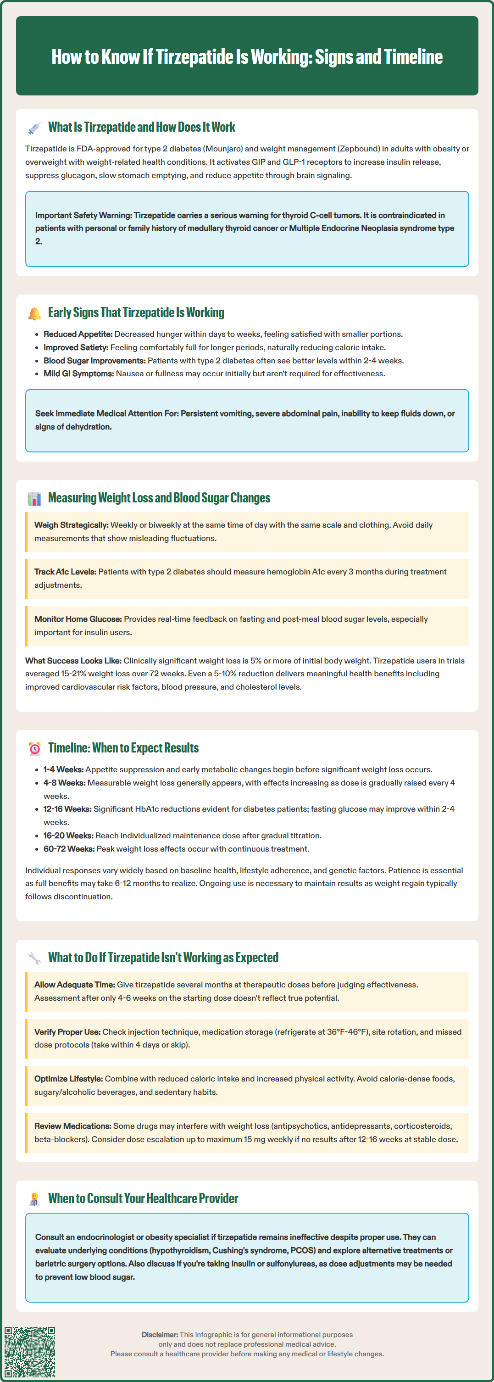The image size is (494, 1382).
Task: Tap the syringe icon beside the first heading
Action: pyautogui.click(x=34, y=128)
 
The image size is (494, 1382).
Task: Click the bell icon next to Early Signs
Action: pyautogui.click(x=34, y=313)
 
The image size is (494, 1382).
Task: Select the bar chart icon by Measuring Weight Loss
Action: pyautogui.click(x=34, y=498)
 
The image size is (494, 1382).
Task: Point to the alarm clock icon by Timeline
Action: pyautogui.click(x=34, y=748)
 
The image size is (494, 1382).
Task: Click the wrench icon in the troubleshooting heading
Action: pyautogui.click(x=34, y=958)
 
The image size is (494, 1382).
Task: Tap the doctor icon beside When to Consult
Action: pyautogui.click(x=34, y=1199)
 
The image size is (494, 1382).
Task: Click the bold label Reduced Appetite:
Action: pyautogui.click(x=78, y=334)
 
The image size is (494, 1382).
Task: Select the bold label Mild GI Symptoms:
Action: pyautogui.click(x=78, y=373)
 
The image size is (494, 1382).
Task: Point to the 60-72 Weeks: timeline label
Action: pyautogui.click(x=69, y=849)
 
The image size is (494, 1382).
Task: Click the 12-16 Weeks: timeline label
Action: pyautogui.click(x=67, y=809)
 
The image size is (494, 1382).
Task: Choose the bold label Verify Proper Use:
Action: pyautogui.click(x=67, y=1031)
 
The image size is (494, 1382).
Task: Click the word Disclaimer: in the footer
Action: pyautogui.click(x=160, y=1334)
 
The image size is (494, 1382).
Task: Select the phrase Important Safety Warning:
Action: pyautogui.click(x=83, y=215)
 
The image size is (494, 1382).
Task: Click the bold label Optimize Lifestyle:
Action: pyautogui.click(x=68, y=1079)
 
